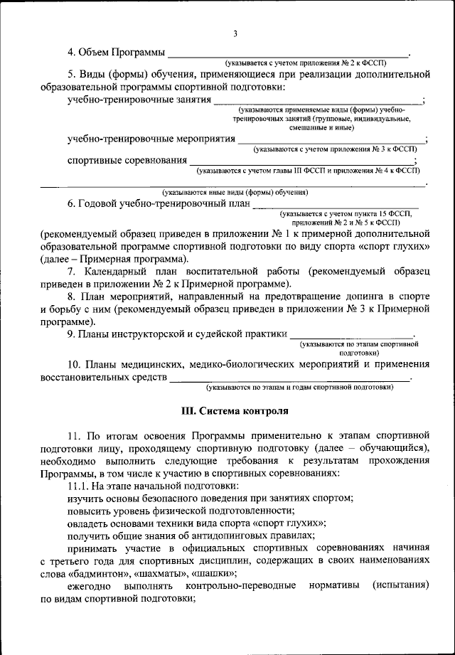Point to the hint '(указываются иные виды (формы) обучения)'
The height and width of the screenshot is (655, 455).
[x=234, y=192]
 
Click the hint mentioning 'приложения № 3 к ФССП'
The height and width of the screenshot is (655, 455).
[x=335, y=150]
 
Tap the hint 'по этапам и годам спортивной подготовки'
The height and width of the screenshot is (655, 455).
[x=299, y=388]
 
